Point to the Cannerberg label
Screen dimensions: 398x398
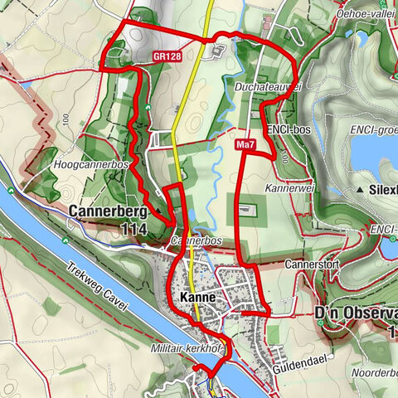point(109,211)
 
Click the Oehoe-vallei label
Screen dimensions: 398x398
point(366,15)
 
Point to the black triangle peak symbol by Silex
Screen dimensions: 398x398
point(361,191)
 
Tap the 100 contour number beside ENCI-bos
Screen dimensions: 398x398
point(284,155)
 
